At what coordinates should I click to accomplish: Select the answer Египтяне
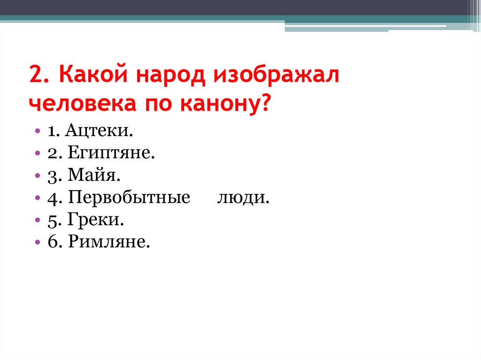[111, 153]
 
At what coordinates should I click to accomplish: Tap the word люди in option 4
[243, 198]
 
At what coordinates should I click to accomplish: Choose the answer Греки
[96, 220]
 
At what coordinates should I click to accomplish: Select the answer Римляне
[109, 242]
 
